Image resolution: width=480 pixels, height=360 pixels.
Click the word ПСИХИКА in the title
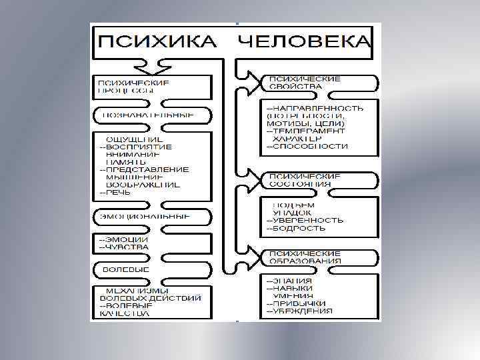[157, 41]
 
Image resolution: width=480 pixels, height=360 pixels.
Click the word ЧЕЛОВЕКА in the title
[303, 41]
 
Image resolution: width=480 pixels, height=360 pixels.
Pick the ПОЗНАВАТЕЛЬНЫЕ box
[147, 115]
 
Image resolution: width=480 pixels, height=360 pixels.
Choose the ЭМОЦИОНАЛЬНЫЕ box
[145, 217]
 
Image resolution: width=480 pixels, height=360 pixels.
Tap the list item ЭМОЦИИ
[127, 239]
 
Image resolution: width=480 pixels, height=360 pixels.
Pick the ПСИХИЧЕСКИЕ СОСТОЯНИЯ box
[305, 179]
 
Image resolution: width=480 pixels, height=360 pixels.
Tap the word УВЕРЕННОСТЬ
[308, 220]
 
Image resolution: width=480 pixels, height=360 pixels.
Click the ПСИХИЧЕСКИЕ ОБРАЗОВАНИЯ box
[305, 257]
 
